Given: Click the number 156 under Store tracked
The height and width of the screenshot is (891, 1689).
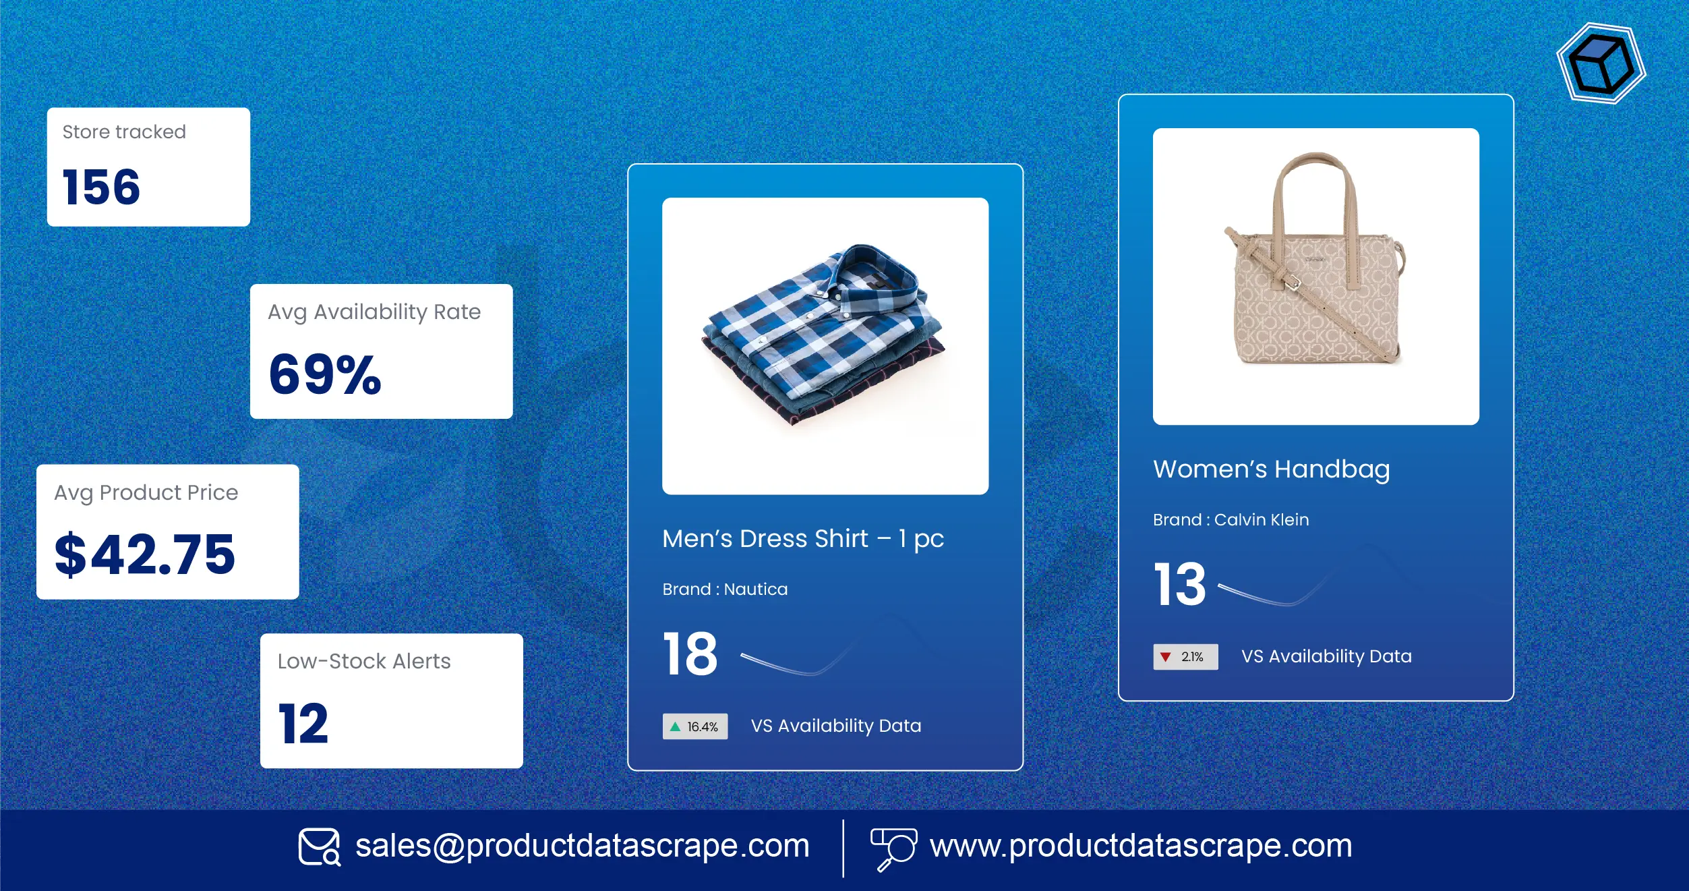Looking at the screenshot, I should click(x=101, y=187).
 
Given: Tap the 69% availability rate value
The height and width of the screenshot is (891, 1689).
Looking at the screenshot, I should click(x=325, y=374).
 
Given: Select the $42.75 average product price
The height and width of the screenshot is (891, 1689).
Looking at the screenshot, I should click(x=145, y=554).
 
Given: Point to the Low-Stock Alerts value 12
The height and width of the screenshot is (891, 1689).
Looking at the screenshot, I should click(x=303, y=724).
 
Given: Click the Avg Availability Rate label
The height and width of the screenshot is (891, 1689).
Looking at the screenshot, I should click(x=374, y=312).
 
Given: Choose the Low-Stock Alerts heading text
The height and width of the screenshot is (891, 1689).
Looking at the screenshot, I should click(x=364, y=661).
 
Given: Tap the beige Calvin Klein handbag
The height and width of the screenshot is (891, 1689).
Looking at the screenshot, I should click(x=1315, y=270).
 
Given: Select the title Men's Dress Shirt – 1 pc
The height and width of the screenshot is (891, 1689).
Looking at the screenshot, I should click(x=802, y=539).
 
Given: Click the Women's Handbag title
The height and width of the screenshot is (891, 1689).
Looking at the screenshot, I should click(x=1271, y=469).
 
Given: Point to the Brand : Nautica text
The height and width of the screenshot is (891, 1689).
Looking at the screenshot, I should click(x=725, y=590).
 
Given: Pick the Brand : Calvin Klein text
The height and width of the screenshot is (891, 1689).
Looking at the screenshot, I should click(x=1231, y=520).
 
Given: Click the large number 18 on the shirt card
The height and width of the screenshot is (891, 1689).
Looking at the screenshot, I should click(x=690, y=654).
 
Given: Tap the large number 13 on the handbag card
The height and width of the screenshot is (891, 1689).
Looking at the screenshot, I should click(x=1180, y=584).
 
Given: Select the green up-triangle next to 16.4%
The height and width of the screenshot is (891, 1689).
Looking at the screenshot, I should click(x=675, y=726).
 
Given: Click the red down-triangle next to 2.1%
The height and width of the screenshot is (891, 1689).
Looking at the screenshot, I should click(x=1165, y=657).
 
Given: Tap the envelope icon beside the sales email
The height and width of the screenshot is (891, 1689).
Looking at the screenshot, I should click(x=319, y=847).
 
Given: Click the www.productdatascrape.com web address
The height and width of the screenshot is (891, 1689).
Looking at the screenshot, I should click(x=1141, y=846).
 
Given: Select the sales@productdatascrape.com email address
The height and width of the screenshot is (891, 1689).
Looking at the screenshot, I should click(x=582, y=846).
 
